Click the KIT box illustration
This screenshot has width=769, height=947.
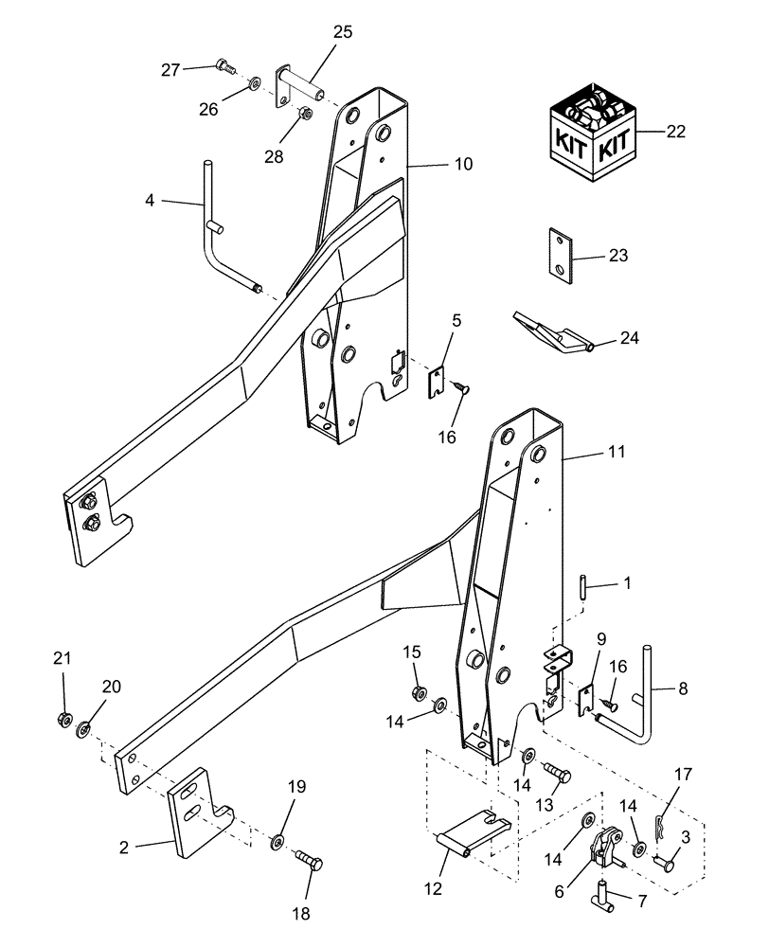point(593,132)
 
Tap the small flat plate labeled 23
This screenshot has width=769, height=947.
point(562,256)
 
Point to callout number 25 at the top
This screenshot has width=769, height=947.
point(342,32)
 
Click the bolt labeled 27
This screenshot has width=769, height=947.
point(224,66)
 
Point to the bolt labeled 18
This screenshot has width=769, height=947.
point(309,863)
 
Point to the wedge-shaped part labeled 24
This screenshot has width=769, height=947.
point(553,336)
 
